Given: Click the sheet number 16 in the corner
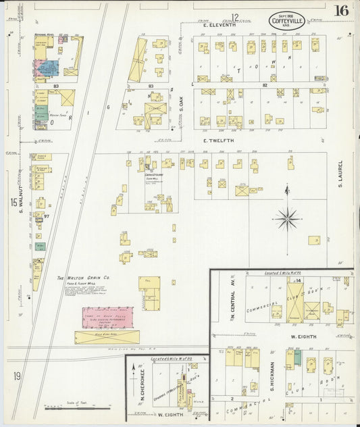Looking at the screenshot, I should pyautogui.click(x=340, y=10).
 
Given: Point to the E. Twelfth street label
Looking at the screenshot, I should pyautogui.click(x=218, y=141).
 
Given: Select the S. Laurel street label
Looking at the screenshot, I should pyautogui.click(x=341, y=174).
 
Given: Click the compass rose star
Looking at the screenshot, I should pyautogui.click(x=288, y=218).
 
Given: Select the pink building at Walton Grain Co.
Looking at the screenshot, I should pyautogui.click(x=107, y=318).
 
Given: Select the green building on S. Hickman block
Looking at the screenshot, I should pyautogui.click(x=297, y=358).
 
